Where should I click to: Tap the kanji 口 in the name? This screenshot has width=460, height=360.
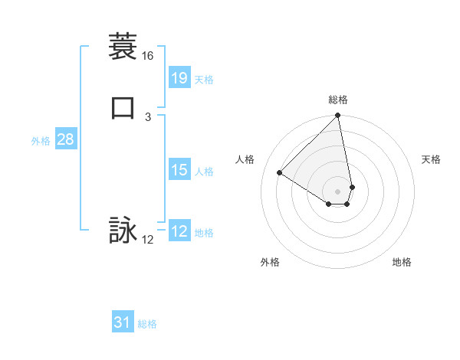pos(123,107)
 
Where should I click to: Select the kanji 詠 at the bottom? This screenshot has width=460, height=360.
pos(123,231)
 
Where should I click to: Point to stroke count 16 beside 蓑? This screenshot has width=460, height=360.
pos(148,56)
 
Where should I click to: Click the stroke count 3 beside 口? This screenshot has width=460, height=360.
pos(148,116)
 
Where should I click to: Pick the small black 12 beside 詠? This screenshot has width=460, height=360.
pos(148,240)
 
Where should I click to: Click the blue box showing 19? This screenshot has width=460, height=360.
pos(179,77)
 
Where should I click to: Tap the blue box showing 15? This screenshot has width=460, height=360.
pos(179,170)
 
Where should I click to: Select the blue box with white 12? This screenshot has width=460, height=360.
pos(179,231)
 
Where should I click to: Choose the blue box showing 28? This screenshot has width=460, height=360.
pos(65,139)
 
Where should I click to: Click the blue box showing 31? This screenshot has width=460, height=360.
pos(123,322)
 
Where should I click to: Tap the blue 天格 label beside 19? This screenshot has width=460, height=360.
pos(204,79)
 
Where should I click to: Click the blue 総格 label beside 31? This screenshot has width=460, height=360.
pos(147,324)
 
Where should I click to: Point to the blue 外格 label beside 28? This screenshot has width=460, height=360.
pos(41,141)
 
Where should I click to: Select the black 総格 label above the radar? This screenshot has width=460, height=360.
pos(338,100)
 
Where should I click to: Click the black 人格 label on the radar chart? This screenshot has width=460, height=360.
pos(245,159)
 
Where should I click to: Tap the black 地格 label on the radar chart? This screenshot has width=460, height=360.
pos(402,262)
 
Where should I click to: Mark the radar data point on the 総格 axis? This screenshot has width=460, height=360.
pos(338,116)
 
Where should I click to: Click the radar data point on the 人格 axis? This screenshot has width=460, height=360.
pos(280,173)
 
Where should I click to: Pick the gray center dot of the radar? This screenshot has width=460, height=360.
pos(338,191)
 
